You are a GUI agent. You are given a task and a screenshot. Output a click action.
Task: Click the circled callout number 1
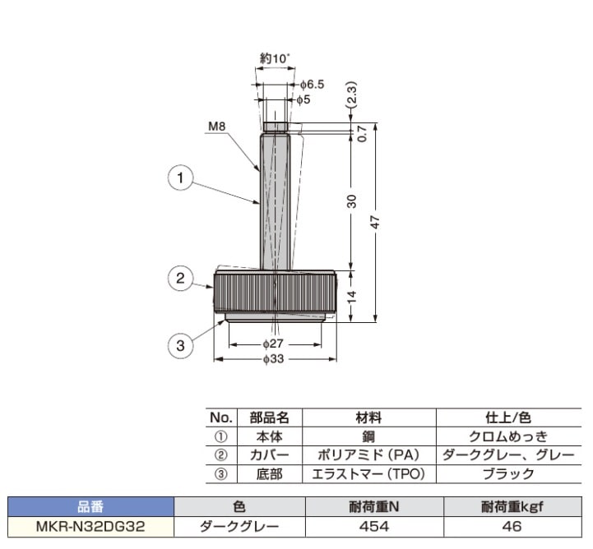[x=180, y=177]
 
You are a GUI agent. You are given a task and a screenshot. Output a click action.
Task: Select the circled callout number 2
[x=180, y=279]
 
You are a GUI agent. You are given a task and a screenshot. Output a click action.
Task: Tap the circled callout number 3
[x=180, y=346]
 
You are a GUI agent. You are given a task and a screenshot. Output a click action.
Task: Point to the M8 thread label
[x=217, y=127]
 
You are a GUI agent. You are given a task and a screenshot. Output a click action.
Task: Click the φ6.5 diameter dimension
[x=312, y=85]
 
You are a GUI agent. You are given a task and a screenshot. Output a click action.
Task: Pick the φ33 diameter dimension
[x=275, y=359]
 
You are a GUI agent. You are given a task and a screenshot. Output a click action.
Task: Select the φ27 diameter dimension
[x=275, y=344]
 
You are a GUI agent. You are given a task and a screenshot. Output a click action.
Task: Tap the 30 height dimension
[x=351, y=200]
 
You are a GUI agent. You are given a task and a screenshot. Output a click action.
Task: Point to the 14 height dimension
[x=351, y=297]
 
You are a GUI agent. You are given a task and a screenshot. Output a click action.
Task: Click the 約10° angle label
[x=274, y=58]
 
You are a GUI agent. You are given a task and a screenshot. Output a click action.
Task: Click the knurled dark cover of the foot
[x=276, y=293]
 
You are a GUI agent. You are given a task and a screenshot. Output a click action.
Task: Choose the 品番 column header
[x=90, y=507]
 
